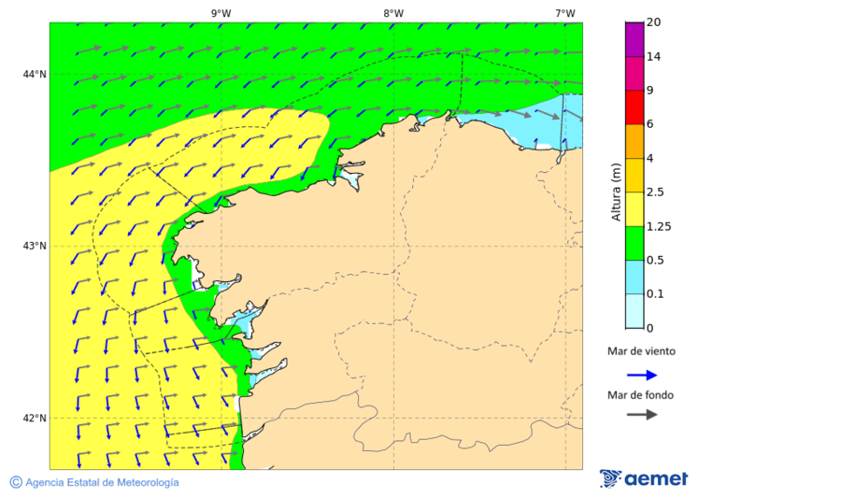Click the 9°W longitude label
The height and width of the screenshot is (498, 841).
click(x=221, y=13)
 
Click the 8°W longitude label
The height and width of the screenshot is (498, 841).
click(x=393, y=13)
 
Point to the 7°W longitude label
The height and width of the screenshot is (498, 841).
click(x=564, y=13)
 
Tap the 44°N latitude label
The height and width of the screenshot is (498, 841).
click(x=35, y=74)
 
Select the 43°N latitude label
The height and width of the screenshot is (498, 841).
click(x=35, y=246)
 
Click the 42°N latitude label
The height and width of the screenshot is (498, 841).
click(x=35, y=418)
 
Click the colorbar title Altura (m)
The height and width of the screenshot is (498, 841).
click(x=616, y=192)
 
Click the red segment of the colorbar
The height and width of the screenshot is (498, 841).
click(x=634, y=107)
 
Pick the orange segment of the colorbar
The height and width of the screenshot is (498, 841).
click(x=634, y=141)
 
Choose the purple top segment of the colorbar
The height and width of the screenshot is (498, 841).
click(x=634, y=38)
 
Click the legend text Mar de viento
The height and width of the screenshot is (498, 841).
click(x=641, y=352)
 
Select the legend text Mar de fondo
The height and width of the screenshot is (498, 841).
click(x=640, y=395)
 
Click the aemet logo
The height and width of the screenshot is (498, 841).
click(x=644, y=478)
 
